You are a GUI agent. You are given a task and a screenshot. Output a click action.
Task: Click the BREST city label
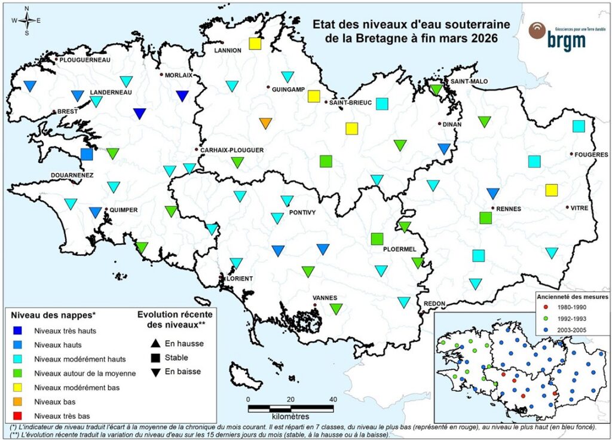click(x=67, y=112)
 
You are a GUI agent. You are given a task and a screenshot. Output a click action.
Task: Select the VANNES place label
click(x=326, y=298)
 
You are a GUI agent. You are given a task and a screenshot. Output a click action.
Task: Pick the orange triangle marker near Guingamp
click(x=266, y=124)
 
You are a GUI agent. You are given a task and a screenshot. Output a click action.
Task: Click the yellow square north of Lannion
click(x=255, y=44)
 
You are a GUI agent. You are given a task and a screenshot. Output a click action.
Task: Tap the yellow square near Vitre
click(x=551, y=190)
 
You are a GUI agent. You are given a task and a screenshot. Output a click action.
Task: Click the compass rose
click(x=27, y=20)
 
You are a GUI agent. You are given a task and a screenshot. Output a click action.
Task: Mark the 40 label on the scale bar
click(x=333, y=400)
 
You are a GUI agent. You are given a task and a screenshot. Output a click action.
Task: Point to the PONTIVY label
click(x=302, y=213)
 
